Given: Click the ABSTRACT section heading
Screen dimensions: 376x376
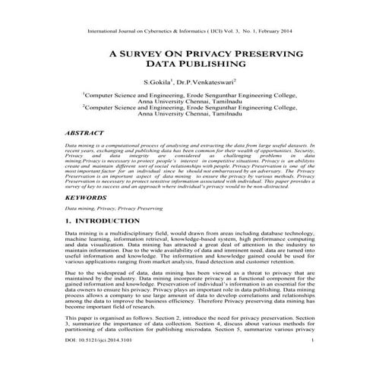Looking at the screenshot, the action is [87, 132].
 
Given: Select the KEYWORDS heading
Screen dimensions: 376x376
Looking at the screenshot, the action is [88, 196].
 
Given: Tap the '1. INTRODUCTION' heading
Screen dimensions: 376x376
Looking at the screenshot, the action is [103, 220].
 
